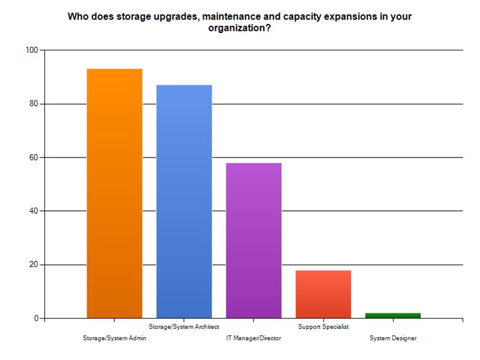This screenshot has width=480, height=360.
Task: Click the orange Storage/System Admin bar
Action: (114, 193)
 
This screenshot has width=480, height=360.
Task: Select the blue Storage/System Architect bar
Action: (184, 201)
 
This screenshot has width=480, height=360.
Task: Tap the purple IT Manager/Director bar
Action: (254, 240)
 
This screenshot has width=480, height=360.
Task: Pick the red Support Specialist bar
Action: (323, 294)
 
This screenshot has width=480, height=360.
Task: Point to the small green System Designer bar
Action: (393, 316)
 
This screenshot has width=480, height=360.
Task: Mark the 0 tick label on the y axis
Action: (34, 318)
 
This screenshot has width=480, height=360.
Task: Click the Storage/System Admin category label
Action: (114, 338)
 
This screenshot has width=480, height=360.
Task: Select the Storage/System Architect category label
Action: (184, 326)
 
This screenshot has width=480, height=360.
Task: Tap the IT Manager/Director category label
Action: (254, 338)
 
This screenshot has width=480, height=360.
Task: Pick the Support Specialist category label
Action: (323, 326)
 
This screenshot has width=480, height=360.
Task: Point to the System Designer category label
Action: (393, 338)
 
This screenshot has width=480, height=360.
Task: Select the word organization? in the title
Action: (239, 28)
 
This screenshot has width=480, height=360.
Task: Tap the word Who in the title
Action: (77, 16)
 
